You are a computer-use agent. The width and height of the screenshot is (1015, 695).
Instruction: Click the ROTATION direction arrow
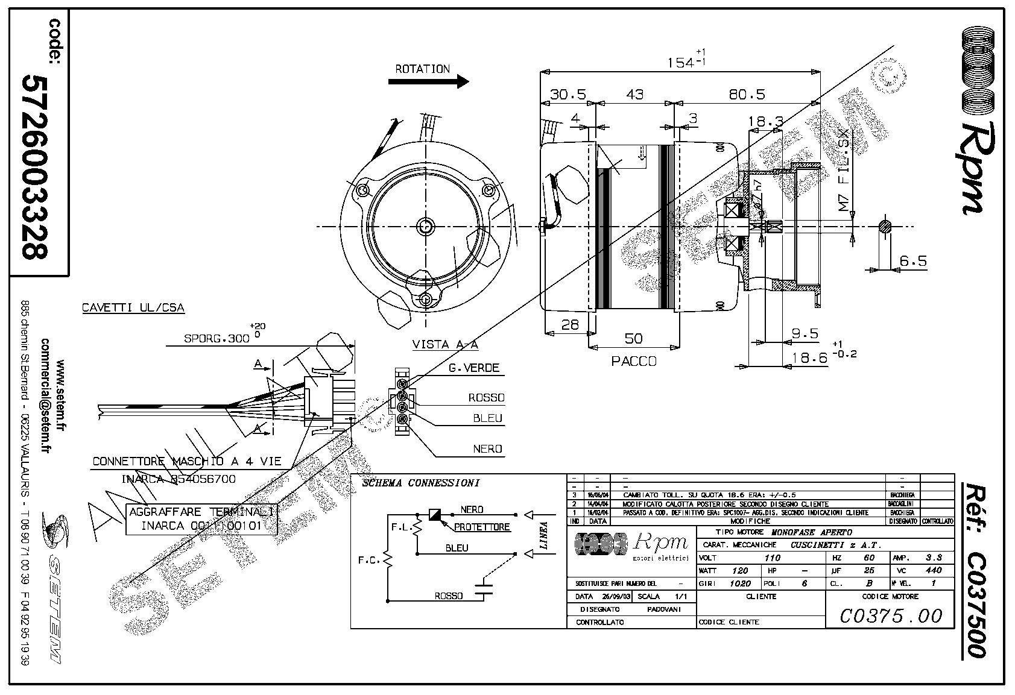[428, 81]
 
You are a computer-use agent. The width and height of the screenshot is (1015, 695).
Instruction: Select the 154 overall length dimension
[680, 62]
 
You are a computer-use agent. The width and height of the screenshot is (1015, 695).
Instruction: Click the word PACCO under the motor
[633, 362]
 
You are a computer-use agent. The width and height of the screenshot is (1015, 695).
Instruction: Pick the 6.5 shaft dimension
[912, 261]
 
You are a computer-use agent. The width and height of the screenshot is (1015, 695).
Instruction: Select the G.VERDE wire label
[473, 368]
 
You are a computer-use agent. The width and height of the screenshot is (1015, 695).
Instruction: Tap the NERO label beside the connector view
[487, 449]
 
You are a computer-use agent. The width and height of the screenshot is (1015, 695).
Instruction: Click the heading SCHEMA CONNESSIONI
[420, 483]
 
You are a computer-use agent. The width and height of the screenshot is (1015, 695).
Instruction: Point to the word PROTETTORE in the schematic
[482, 527]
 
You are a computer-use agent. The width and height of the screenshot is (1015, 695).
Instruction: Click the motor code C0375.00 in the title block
[890, 615]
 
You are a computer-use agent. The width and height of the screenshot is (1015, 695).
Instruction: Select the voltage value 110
[772, 558]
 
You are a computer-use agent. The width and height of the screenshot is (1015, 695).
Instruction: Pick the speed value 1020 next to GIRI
[740, 583]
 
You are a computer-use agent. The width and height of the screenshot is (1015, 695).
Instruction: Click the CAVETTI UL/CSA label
[133, 308]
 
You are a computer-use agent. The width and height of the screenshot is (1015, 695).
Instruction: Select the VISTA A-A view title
[444, 345]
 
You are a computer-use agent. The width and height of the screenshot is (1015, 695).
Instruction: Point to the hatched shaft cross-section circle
[885, 227]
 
